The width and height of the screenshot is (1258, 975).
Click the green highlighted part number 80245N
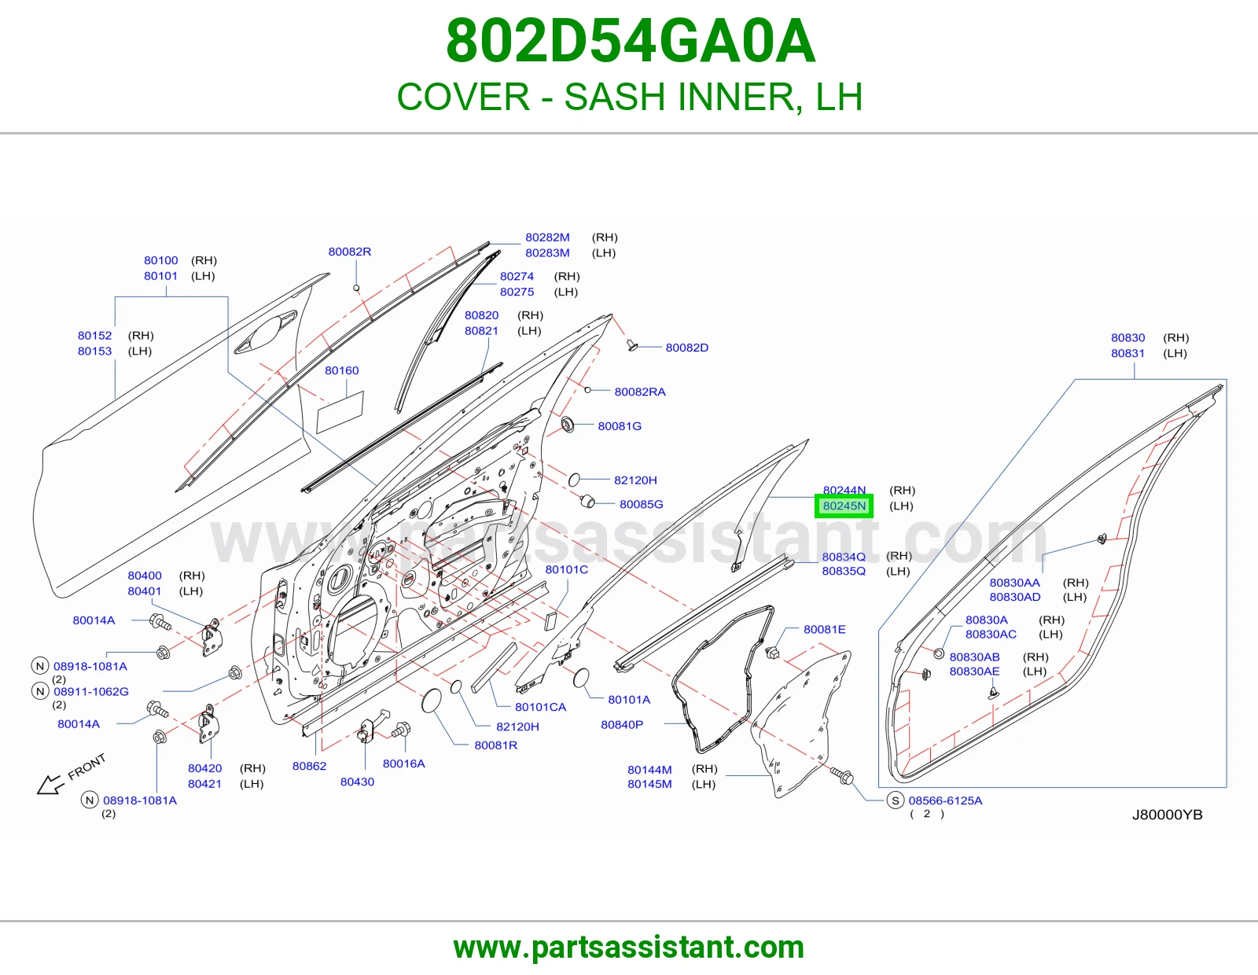pos(844,506)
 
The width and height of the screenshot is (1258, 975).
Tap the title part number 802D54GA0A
pos(631,41)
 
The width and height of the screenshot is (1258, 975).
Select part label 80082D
pos(686,348)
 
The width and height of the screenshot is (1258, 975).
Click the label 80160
pos(341,370)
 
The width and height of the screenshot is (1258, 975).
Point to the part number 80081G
pos(620,426)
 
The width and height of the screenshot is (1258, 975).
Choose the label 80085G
pos(641,504)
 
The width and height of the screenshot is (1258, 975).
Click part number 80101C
pos(566,570)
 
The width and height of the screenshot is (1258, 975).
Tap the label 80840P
pos(622,725)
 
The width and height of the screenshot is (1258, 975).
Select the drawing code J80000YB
pos(1167,815)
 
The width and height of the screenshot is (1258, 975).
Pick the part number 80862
pos(309,766)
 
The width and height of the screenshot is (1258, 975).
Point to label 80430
pos(357,782)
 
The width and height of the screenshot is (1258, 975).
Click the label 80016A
pos(403,763)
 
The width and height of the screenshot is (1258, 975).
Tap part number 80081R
pos(495,745)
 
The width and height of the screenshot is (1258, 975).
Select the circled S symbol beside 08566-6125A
pos(895,800)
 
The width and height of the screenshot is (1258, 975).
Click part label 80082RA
pos(640,392)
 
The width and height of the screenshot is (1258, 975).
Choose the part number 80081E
pos(825,629)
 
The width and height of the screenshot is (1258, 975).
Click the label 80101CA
pos(540,707)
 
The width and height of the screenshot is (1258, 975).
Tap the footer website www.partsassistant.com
pos(629,947)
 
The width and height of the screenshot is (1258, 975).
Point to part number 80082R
pos(350,252)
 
